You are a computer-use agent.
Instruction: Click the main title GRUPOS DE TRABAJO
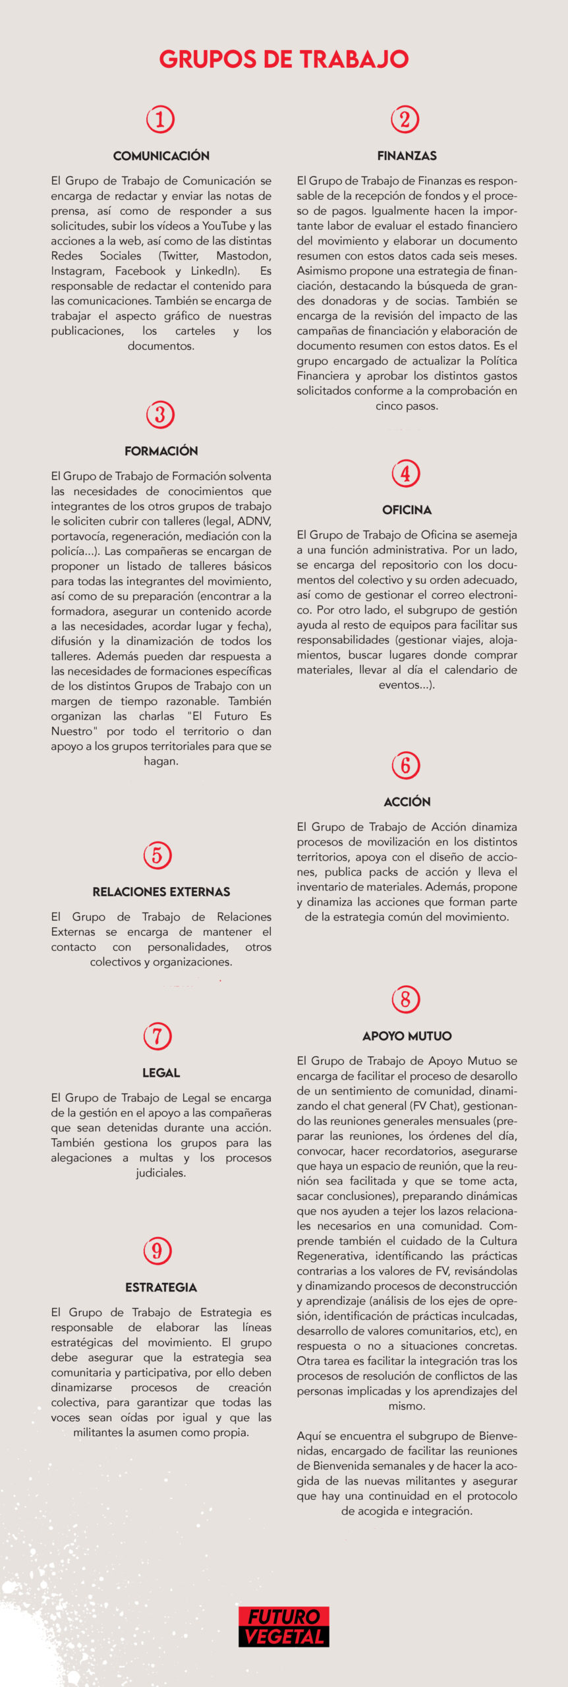tap(284, 59)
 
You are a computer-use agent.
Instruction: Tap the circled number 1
tap(160, 119)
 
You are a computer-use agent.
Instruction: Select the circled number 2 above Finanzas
tap(405, 119)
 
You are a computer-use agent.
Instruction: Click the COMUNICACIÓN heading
tap(161, 156)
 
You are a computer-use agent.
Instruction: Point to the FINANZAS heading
tap(407, 156)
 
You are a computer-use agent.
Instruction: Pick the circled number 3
tap(160, 415)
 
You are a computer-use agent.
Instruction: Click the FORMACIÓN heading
tap(161, 451)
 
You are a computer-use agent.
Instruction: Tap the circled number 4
tap(406, 473)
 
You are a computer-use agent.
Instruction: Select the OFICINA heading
tap(407, 510)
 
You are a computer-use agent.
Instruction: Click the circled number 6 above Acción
tap(406, 765)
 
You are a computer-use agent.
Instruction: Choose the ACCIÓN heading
tap(407, 802)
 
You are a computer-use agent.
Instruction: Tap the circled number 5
tap(157, 855)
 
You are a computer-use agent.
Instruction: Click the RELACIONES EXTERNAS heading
tap(161, 892)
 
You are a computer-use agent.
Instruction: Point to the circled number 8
tap(406, 999)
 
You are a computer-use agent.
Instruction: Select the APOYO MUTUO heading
tap(407, 1036)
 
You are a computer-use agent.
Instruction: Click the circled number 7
tap(157, 1036)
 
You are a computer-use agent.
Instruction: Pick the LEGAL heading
tap(161, 1073)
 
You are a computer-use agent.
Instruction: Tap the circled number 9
tap(157, 1250)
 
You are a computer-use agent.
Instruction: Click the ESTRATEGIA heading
tap(161, 1287)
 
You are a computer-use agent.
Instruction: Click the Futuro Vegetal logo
tap(284, 1626)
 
